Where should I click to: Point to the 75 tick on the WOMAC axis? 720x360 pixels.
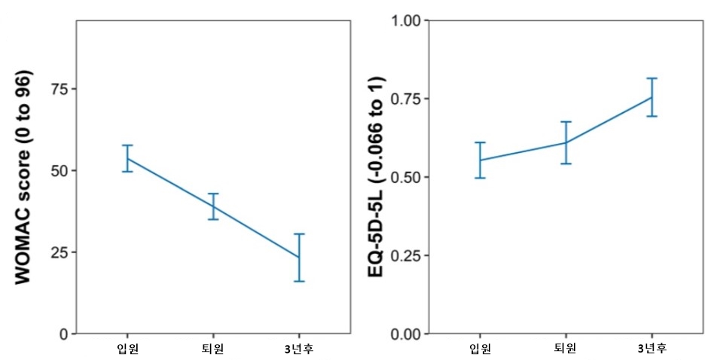[x=58, y=89]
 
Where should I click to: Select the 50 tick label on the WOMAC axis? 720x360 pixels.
[x=58, y=170]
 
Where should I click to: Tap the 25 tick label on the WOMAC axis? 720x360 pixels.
[x=58, y=252]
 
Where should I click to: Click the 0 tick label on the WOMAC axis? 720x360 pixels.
[x=63, y=334]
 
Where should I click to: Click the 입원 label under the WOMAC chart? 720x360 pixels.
[x=128, y=348]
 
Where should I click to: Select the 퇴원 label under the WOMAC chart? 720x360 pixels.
[x=213, y=348]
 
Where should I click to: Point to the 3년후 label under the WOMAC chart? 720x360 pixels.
[x=299, y=348]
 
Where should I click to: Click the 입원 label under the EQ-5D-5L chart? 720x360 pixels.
[x=480, y=348]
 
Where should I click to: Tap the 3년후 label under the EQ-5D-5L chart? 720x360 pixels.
[x=651, y=348]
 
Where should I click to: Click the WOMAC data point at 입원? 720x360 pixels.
[x=128, y=158]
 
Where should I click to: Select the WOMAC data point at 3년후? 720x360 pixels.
[x=299, y=258]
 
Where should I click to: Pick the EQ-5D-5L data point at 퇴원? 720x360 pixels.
[x=566, y=142]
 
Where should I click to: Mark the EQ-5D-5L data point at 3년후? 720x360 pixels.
[x=651, y=96]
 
